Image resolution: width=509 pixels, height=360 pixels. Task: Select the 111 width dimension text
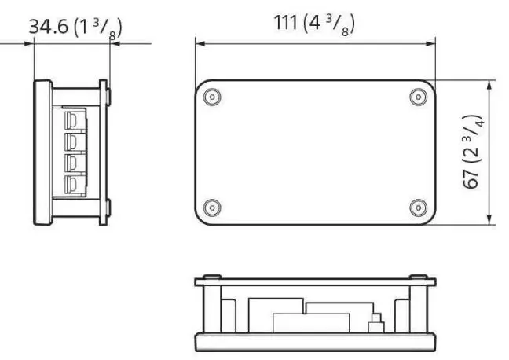coord(312,24)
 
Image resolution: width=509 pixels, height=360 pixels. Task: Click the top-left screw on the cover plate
coord(210,97)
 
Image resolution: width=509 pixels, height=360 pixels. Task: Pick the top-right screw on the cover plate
coord(416,97)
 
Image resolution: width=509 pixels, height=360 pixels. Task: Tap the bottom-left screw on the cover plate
coord(210,208)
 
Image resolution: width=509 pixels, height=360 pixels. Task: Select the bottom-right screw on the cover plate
coord(416,208)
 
